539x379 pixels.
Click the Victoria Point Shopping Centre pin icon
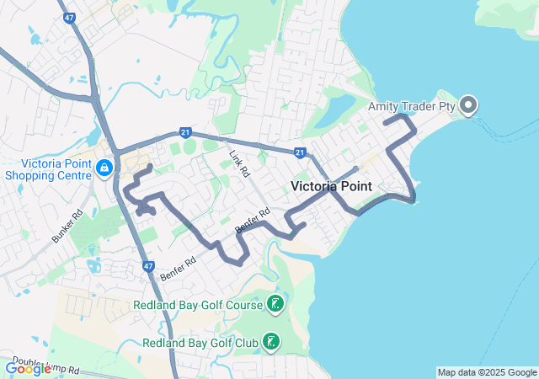point(104,168)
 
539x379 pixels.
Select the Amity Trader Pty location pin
point(469,105)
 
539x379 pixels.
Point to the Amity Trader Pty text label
point(411,106)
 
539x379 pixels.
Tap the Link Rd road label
point(240,163)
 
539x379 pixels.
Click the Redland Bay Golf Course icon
point(275,304)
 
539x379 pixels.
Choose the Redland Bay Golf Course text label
point(198,304)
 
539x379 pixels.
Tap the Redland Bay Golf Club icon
point(272,343)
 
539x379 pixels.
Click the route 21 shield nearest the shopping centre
point(184,132)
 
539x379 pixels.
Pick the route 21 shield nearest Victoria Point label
point(299,152)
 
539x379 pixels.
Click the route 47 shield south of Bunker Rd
point(148,267)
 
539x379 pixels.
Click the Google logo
point(28,368)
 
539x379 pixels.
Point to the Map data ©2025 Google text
point(487,372)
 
